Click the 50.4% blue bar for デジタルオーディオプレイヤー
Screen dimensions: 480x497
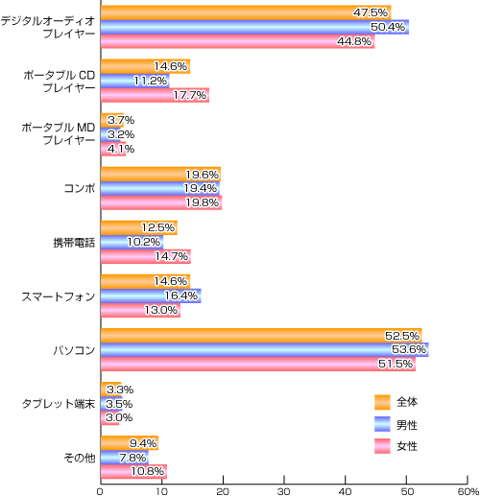[254, 27]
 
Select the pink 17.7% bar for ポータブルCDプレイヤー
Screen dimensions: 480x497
[156, 95]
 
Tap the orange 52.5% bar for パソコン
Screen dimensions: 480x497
[261, 336]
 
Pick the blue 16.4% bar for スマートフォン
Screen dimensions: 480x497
[151, 296]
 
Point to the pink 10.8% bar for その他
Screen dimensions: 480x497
[133, 471]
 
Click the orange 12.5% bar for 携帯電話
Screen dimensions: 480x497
[139, 227]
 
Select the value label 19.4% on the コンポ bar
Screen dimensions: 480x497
[201, 188]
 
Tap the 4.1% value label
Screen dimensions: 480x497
[121, 149]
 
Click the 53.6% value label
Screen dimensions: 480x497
[409, 349]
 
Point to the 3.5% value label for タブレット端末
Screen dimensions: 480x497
[119, 404]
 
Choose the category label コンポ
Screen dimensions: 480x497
[80, 188]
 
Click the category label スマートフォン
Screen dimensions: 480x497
[59, 296]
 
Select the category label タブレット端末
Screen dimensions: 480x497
[59, 404]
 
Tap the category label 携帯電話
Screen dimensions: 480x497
[74, 243]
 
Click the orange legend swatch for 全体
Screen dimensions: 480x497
[382, 402]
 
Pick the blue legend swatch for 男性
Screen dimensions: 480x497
[382, 424]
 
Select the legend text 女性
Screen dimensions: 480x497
[407, 446]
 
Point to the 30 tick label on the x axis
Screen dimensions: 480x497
[284, 491]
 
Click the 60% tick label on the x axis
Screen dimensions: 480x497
[468, 491]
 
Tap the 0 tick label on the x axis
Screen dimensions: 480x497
[100, 491]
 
